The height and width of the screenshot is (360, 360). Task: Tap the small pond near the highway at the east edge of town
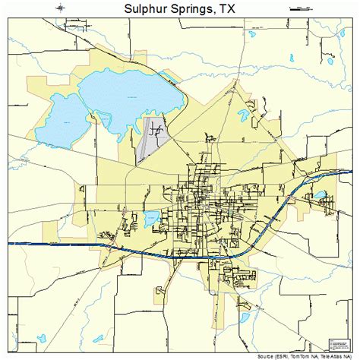coord(321,195)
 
